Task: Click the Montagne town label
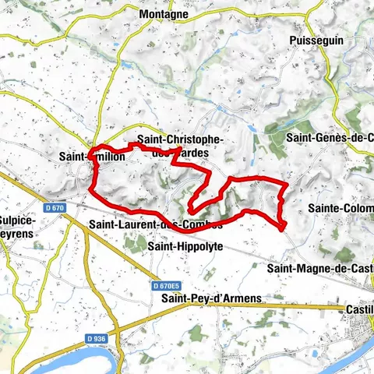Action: click(163, 14)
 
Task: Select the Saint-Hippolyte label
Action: click(185, 246)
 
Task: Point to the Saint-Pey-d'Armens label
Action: click(211, 298)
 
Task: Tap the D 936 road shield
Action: click(96, 339)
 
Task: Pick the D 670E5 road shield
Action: click(168, 286)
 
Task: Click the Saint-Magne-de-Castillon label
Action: click(320, 269)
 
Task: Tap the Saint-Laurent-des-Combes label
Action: click(156, 224)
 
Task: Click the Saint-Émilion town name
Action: click(90, 156)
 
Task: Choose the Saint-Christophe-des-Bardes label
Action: click(180, 145)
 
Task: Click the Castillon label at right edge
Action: click(359, 309)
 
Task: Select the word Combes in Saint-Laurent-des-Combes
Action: click(204, 224)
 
